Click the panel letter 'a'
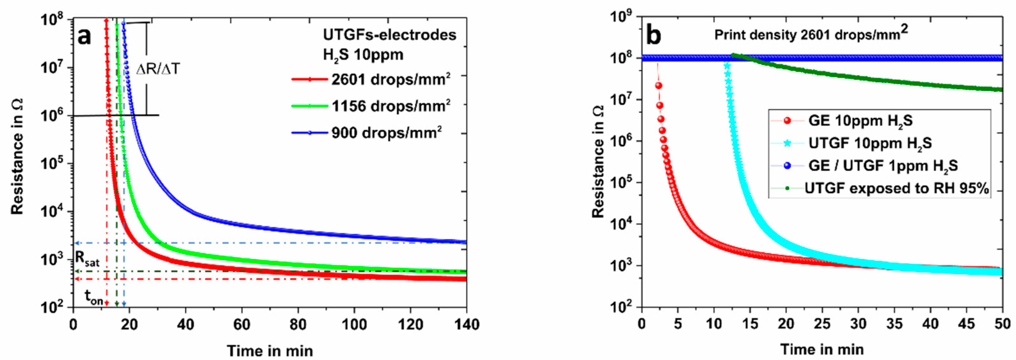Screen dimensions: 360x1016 (x=85, y=36)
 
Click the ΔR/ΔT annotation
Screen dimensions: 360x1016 (x=158, y=69)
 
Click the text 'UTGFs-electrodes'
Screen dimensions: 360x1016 (x=390, y=35)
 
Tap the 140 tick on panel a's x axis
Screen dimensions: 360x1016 (x=466, y=324)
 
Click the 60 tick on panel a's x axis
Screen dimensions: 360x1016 (x=241, y=324)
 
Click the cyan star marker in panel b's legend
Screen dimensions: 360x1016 (x=787, y=143)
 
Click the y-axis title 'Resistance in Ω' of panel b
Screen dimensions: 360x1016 (x=598, y=162)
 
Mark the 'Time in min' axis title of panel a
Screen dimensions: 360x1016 (x=270, y=350)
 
